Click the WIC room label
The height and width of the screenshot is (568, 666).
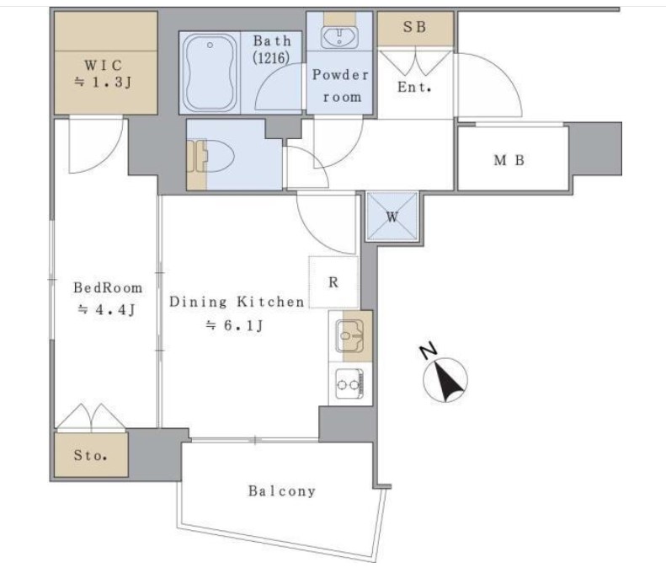104,66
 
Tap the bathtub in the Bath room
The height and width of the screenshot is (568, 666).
210,72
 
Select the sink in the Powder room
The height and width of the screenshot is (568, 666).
339,37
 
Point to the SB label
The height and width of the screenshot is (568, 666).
414,27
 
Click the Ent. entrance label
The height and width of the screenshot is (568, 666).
414,87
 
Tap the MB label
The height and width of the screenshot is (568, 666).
509,160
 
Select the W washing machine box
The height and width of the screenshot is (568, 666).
392,217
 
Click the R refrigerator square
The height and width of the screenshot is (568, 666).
333,281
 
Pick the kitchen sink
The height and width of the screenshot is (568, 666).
349,335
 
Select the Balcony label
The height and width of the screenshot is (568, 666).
282,491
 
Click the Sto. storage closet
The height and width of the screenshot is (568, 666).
91,455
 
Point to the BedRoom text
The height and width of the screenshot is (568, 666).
108,288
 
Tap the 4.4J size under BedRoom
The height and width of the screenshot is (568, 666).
106,310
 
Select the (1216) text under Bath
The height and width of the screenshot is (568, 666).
271,57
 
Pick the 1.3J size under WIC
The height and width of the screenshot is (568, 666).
103,83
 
